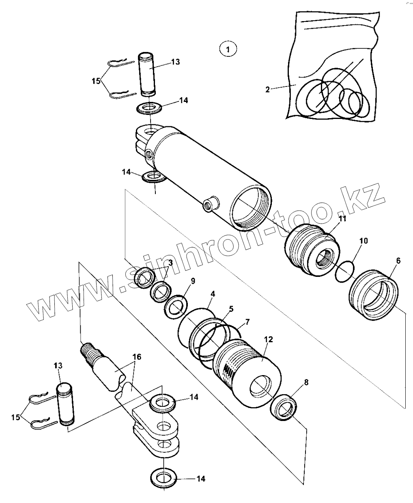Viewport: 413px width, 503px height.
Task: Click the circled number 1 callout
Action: point(228,50)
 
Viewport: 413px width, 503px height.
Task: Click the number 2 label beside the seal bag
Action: point(267,89)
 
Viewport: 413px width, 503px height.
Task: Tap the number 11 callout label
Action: point(343,219)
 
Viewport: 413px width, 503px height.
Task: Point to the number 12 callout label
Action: point(269,339)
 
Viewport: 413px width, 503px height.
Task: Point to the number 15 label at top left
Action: point(96,81)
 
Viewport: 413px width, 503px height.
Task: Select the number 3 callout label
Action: point(170,263)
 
